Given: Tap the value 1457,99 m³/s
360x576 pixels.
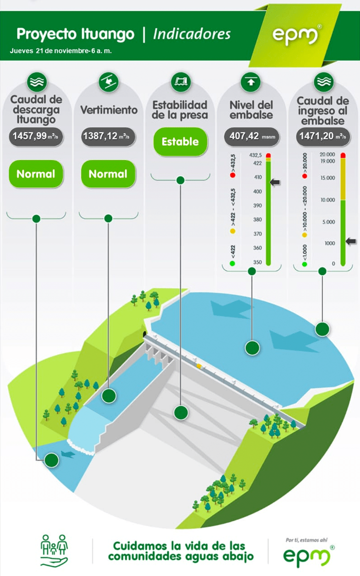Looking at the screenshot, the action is tap(36, 136).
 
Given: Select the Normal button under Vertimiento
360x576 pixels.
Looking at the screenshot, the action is tap(108, 174).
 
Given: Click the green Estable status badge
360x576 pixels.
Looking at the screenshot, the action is tap(180, 142).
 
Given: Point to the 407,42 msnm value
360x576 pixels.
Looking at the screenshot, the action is tap(252, 136).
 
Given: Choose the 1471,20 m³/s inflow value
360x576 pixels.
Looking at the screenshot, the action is tap(322, 136).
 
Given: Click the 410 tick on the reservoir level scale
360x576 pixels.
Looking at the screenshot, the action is tap(258, 177).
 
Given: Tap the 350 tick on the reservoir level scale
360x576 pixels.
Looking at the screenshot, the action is tap(257, 262).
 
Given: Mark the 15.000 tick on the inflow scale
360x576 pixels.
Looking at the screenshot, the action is tap(327, 178).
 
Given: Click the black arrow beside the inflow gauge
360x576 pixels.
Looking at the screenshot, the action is tap(351, 241).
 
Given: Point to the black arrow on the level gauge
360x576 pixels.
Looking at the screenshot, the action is tap(275, 182).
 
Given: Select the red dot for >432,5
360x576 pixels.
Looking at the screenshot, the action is tap(233, 175).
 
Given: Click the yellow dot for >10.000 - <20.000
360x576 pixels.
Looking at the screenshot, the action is tap(305, 235).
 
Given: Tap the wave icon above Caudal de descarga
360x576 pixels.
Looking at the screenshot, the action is tap(37, 81).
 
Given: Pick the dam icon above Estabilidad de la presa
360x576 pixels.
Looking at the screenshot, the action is tap(181, 81).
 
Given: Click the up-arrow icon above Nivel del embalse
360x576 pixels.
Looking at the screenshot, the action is tap(251, 81).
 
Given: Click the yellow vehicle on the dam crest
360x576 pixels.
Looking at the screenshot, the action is tap(199, 366).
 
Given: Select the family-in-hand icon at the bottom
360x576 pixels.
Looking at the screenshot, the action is tap(54, 550).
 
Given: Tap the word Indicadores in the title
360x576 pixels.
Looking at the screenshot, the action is tap(192, 34).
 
